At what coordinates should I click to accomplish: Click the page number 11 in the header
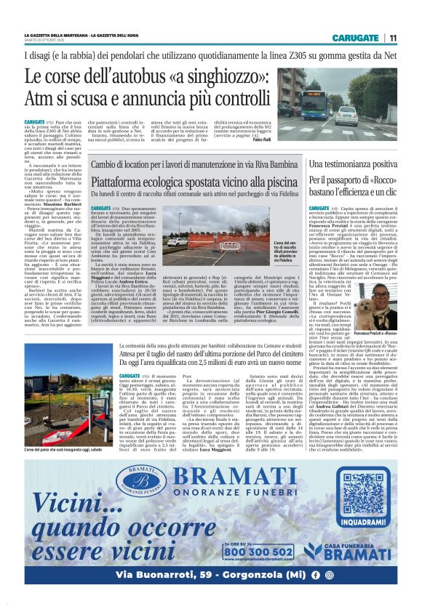pyautogui.click(x=392, y=38)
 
